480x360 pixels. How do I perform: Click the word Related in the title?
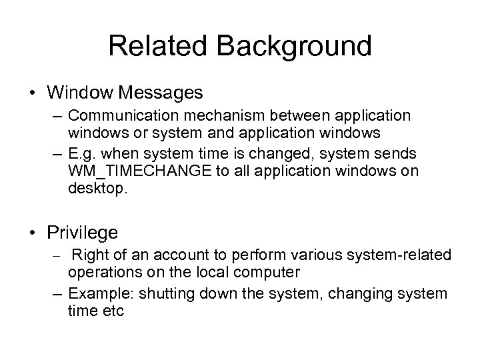(x=157, y=46)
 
